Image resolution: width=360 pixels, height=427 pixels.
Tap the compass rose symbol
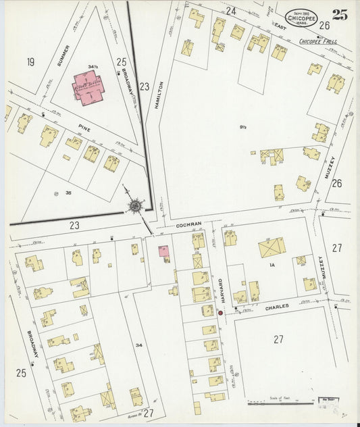(135, 205)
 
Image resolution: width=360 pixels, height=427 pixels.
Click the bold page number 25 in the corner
(340, 15)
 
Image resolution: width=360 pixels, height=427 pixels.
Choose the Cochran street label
(188, 224)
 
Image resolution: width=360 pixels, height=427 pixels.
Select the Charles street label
(277, 307)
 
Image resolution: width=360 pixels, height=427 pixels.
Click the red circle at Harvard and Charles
(220, 312)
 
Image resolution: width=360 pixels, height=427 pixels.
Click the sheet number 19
(30, 62)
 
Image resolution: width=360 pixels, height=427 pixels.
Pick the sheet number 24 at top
(231, 11)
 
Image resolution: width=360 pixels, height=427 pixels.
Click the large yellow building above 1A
(272, 247)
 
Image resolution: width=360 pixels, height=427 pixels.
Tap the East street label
(280, 26)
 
